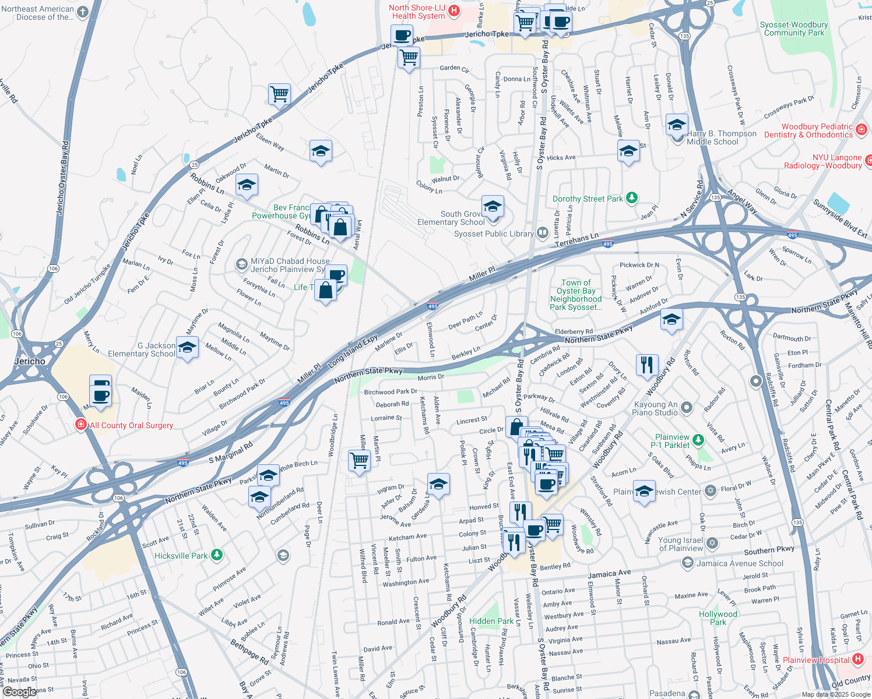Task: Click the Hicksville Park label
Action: (x=181, y=556)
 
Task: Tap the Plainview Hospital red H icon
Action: (x=857, y=659)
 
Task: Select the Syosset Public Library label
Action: (x=494, y=234)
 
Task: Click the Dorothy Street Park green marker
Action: (x=631, y=198)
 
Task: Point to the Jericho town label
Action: (x=30, y=361)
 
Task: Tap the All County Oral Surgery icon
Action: (x=81, y=425)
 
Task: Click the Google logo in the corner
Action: (x=19, y=692)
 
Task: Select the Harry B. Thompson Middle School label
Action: (x=721, y=137)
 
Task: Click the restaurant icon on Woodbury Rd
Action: (x=647, y=365)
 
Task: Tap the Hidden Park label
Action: (x=491, y=621)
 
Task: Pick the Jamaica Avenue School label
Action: (x=740, y=563)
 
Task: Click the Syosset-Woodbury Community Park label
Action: (x=794, y=29)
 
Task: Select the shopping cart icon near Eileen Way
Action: (x=280, y=94)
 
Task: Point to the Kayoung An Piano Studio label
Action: (x=656, y=408)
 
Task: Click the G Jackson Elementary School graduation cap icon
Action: (x=187, y=348)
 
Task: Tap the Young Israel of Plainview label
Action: (x=680, y=544)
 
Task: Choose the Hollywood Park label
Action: (x=718, y=618)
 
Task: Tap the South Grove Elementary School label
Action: (x=451, y=218)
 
